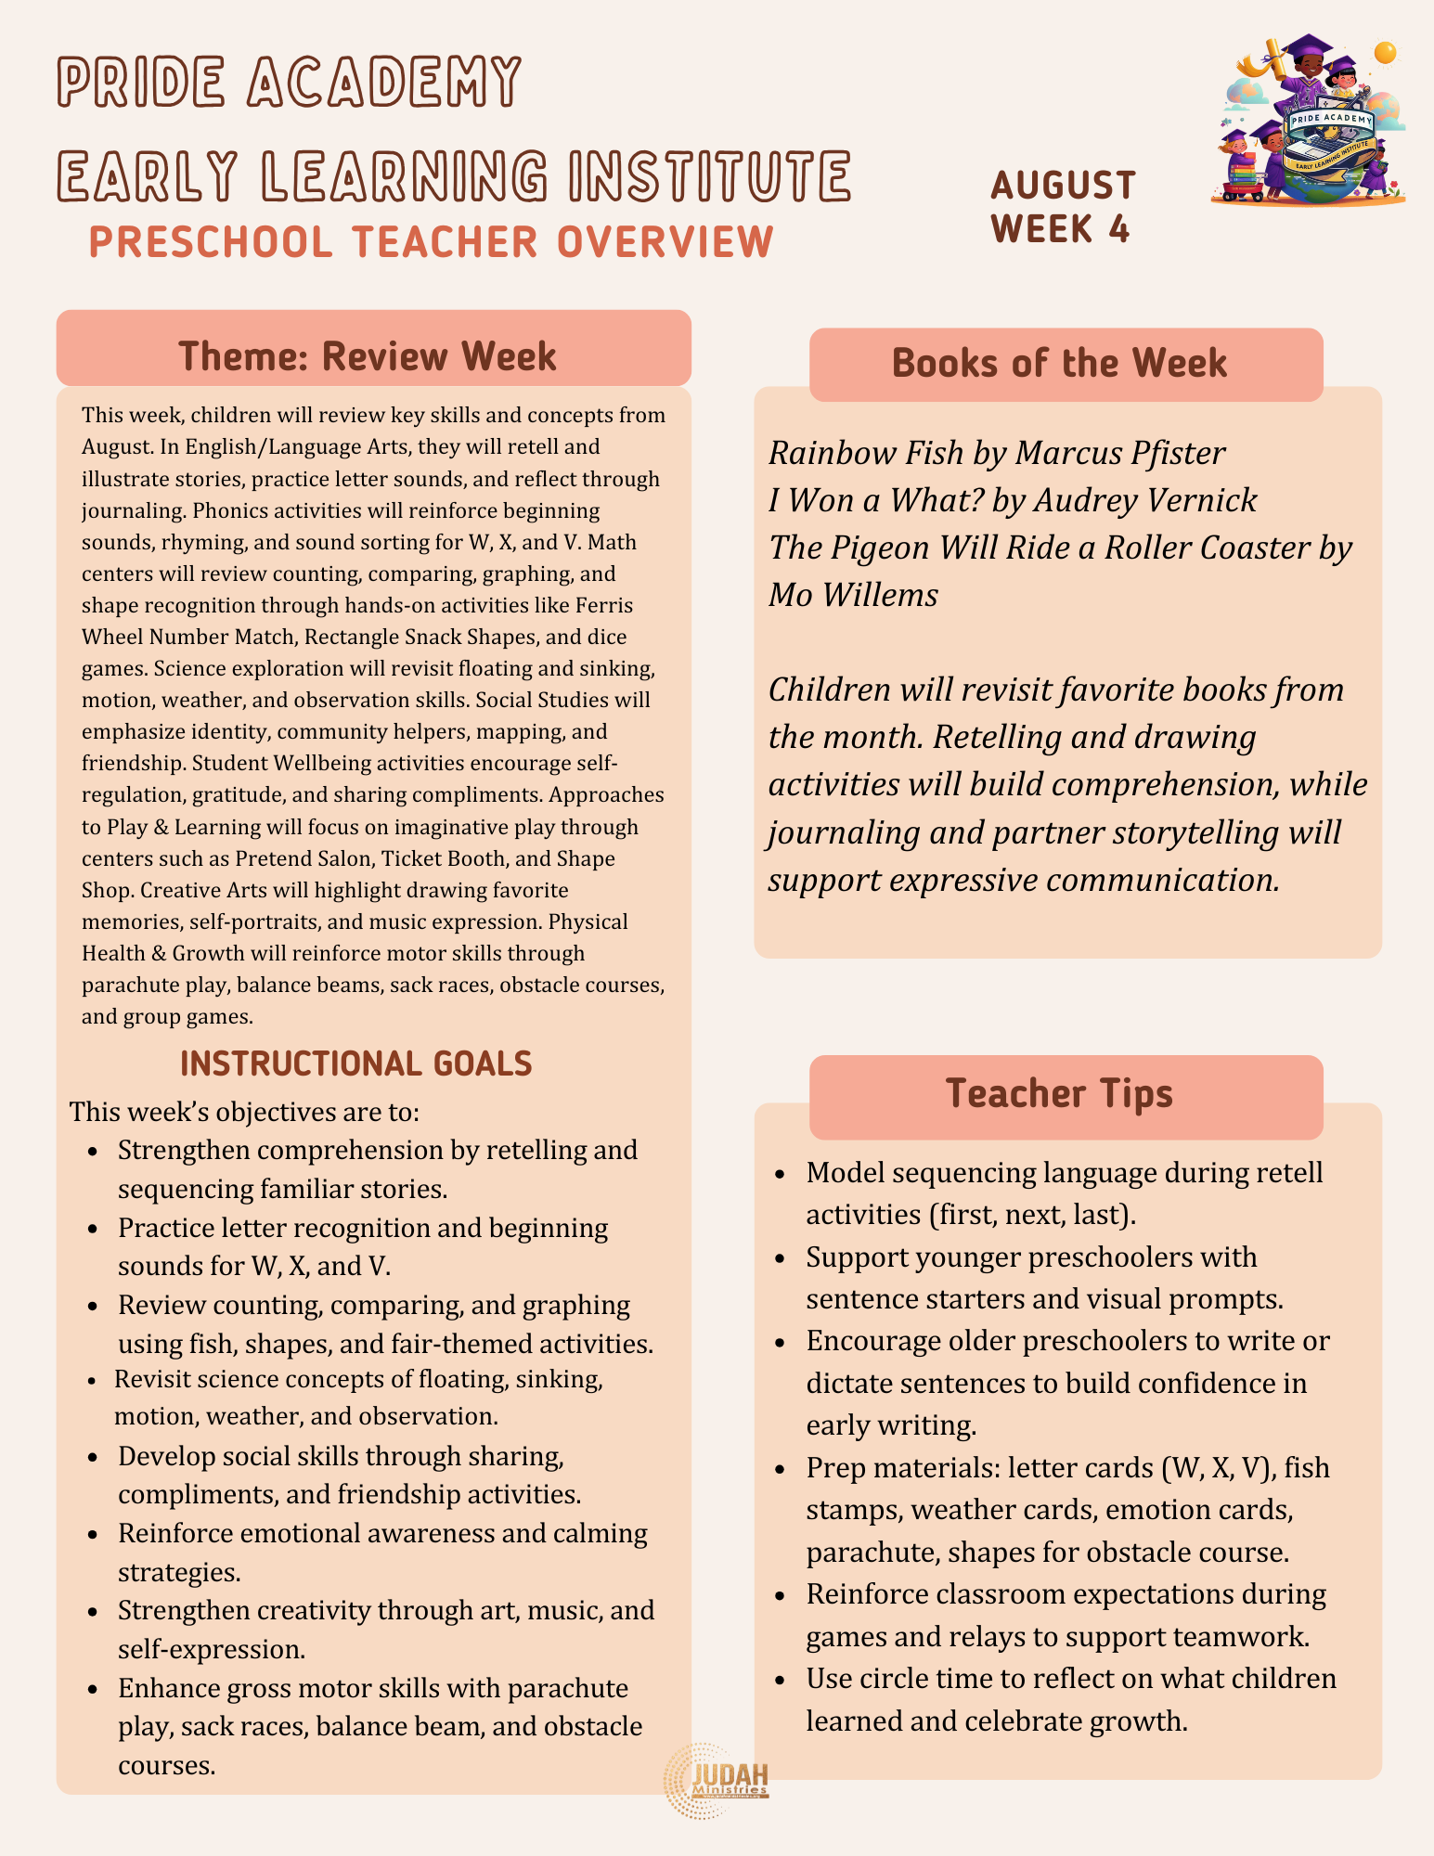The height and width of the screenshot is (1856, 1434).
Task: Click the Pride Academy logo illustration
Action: (1309, 121)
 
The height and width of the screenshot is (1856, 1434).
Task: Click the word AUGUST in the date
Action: (1063, 186)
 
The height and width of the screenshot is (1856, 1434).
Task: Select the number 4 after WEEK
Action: (1118, 229)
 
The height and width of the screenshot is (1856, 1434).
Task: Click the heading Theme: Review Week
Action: (368, 356)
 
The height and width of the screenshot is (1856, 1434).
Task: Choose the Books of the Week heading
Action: (1059, 363)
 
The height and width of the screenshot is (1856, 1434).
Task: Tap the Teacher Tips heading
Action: (1059, 1093)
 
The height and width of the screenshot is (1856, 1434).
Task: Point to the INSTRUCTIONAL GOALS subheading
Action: (356, 1063)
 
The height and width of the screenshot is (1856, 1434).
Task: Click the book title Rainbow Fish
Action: (865, 453)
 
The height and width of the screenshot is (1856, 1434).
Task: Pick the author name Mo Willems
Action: (853, 595)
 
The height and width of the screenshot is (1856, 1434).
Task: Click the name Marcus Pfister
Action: (1120, 453)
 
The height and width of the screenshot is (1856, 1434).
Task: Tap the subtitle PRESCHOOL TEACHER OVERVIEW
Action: (432, 242)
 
